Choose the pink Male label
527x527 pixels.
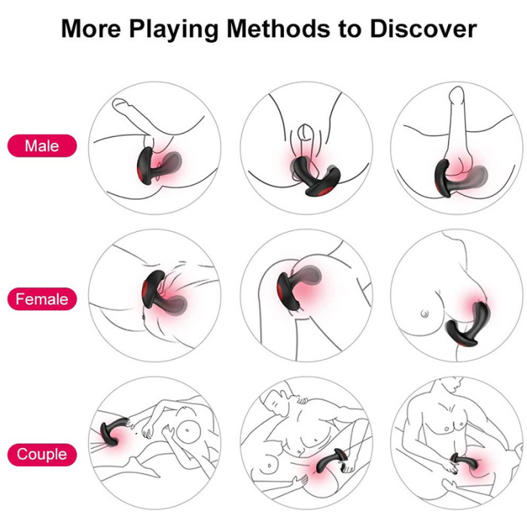coord(42,145)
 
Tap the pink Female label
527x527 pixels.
coord(42,300)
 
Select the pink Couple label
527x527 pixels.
coord(42,455)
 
